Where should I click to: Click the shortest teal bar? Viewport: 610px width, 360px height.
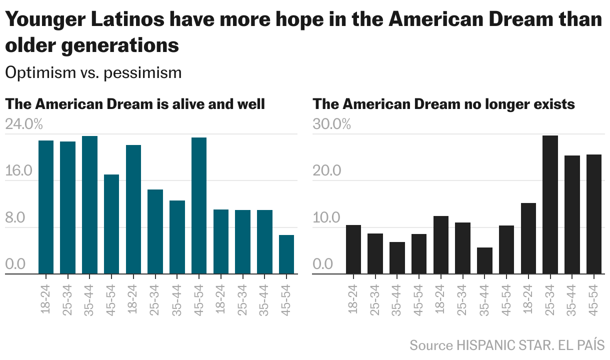(286, 254)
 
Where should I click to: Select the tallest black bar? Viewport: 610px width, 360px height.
(550, 204)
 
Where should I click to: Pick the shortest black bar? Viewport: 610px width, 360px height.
(484, 260)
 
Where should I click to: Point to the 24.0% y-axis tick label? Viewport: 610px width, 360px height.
(24, 124)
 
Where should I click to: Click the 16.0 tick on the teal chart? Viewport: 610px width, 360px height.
(18, 171)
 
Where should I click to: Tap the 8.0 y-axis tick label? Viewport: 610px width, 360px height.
(15, 218)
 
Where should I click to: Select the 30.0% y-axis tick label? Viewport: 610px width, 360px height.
(331, 124)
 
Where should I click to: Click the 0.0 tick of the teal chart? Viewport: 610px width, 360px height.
(15, 263)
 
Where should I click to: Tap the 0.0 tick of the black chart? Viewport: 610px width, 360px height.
(323, 263)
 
